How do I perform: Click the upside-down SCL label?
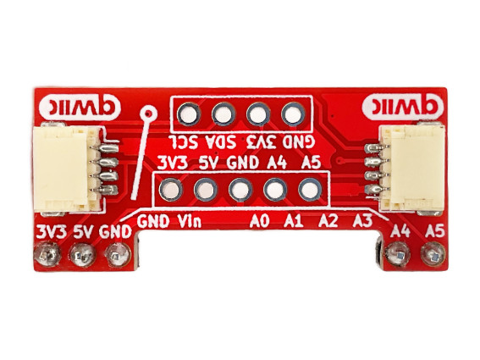click(x=183, y=141)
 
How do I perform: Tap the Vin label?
click(x=190, y=221)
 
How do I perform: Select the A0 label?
click(x=260, y=221)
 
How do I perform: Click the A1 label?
click(x=293, y=221)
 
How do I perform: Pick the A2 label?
click(x=328, y=221)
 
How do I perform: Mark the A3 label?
click(x=362, y=221)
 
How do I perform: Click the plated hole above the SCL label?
click(x=189, y=114)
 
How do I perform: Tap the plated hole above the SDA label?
click(x=223, y=114)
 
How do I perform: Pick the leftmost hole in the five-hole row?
click(x=171, y=190)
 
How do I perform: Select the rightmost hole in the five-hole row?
click(x=310, y=190)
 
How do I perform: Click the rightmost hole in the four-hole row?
click(x=293, y=114)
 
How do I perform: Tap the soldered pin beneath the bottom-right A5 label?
click(x=434, y=254)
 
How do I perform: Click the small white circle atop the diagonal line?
click(x=149, y=114)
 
